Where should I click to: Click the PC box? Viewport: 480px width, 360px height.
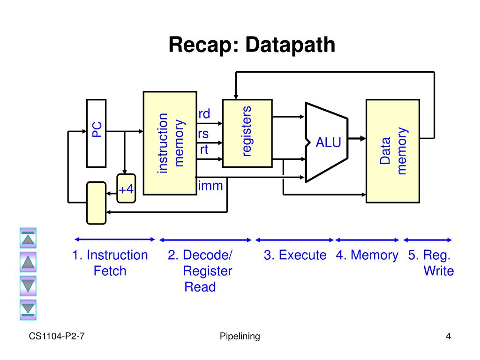pos(97,133)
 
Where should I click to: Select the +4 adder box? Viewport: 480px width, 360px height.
pos(126,188)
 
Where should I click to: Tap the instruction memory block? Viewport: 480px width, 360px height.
pos(170,143)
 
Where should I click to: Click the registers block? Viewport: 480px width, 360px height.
pos(247,133)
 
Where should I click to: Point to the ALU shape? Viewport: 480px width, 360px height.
pos(327,142)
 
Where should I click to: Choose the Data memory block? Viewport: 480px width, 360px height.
pos(393,151)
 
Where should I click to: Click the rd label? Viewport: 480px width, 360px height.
pos(204,114)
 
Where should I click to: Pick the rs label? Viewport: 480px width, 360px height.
pos(203,134)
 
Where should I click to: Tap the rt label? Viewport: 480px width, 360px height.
pos(204,150)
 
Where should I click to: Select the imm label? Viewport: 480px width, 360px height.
pos(210,186)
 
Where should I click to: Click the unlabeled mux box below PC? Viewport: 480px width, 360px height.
pos(97,203)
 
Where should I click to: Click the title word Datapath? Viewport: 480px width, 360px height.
pos(290,45)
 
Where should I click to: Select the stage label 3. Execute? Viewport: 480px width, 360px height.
pos(295,255)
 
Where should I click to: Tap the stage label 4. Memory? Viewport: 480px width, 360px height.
pos(367,255)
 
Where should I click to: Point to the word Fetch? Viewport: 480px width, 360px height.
pos(110,271)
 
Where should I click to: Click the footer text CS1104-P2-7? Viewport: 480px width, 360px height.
pos(57,336)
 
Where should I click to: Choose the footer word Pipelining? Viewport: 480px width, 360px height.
pos(240,336)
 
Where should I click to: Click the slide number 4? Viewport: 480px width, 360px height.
pos(449,336)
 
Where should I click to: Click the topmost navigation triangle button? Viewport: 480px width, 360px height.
pos(28,238)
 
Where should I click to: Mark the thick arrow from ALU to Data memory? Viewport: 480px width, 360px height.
pos(357,138)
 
